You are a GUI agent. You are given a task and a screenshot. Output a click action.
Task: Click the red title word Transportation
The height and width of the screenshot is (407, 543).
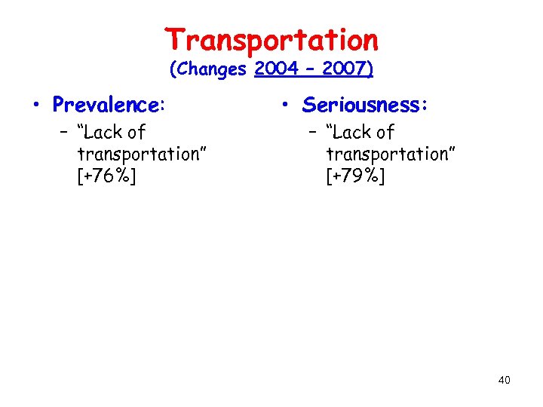[271, 39]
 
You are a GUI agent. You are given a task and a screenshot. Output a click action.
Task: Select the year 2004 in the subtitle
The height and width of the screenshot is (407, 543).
[278, 69]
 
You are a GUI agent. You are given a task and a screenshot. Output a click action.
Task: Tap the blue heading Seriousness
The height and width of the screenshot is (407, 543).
[365, 105]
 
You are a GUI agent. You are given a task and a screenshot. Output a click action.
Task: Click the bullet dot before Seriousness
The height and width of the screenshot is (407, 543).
[290, 106]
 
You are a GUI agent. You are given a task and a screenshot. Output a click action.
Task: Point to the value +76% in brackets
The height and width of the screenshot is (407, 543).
[107, 176]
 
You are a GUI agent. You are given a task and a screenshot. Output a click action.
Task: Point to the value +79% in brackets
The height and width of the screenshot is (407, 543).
[356, 176]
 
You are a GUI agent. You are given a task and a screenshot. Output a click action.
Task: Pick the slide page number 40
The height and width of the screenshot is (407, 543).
[505, 380]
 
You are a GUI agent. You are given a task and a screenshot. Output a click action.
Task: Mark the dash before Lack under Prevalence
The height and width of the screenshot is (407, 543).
[66, 133]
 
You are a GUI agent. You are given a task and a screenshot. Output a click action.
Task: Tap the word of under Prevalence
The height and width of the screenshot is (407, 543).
[137, 133]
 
